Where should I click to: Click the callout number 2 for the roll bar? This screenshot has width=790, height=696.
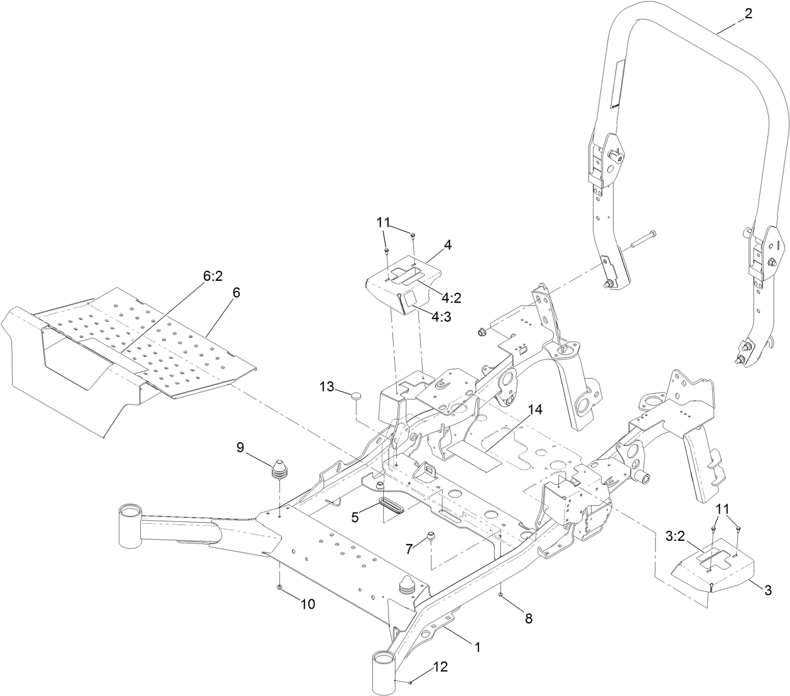pos(747,16)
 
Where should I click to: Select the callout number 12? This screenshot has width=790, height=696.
pos(440,667)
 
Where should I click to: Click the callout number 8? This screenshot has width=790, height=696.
pos(528,618)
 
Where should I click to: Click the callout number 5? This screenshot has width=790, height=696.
pos(355,517)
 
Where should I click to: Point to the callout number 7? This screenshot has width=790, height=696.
pos(409,548)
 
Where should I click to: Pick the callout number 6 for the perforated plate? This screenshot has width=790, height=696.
pos(236,293)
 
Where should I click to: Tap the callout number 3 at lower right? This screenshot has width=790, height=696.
pos(767,590)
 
